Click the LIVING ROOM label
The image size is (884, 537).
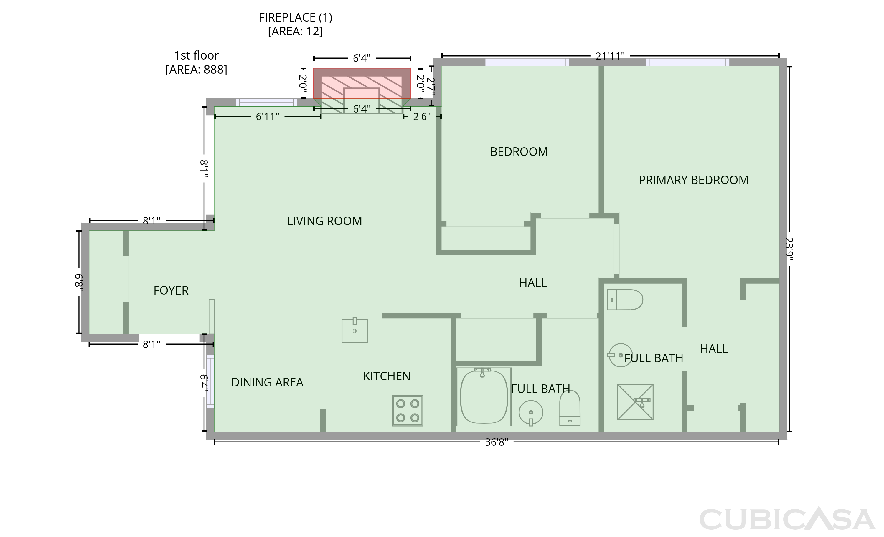pyautogui.click(x=324, y=221)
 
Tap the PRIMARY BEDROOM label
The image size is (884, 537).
pyautogui.click(x=693, y=180)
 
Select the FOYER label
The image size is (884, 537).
pyautogui.click(x=171, y=290)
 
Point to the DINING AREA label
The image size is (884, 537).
pyautogui.click(x=267, y=382)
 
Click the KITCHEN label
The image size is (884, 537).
pyautogui.click(x=387, y=376)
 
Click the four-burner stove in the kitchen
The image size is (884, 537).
pyautogui.click(x=408, y=411)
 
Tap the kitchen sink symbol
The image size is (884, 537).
pyautogui.click(x=354, y=330)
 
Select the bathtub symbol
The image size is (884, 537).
pyautogui.click(x=484, y=397)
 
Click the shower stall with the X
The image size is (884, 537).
pyautogui.click(x=635, y=402)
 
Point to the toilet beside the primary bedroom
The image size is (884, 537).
pyautogui.click(x=625, y=300)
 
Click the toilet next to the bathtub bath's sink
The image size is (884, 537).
pyautogui.click(x=570, y=408)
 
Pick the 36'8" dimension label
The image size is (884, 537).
pyautogui.click(x=497, y=442)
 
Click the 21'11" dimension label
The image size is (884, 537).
pyautogui.click(x=610, y=56)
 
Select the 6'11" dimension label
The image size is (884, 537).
pyautogui.click(x=267, y=117)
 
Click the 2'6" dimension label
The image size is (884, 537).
pyautogui.click(x=422, y=117)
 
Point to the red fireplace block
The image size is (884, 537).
pyautogui.click(x=362, y=83)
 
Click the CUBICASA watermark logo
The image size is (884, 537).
pyautogui.click(x=787, y=519)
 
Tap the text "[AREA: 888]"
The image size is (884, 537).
pyautogui.click(x=196, y=70)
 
